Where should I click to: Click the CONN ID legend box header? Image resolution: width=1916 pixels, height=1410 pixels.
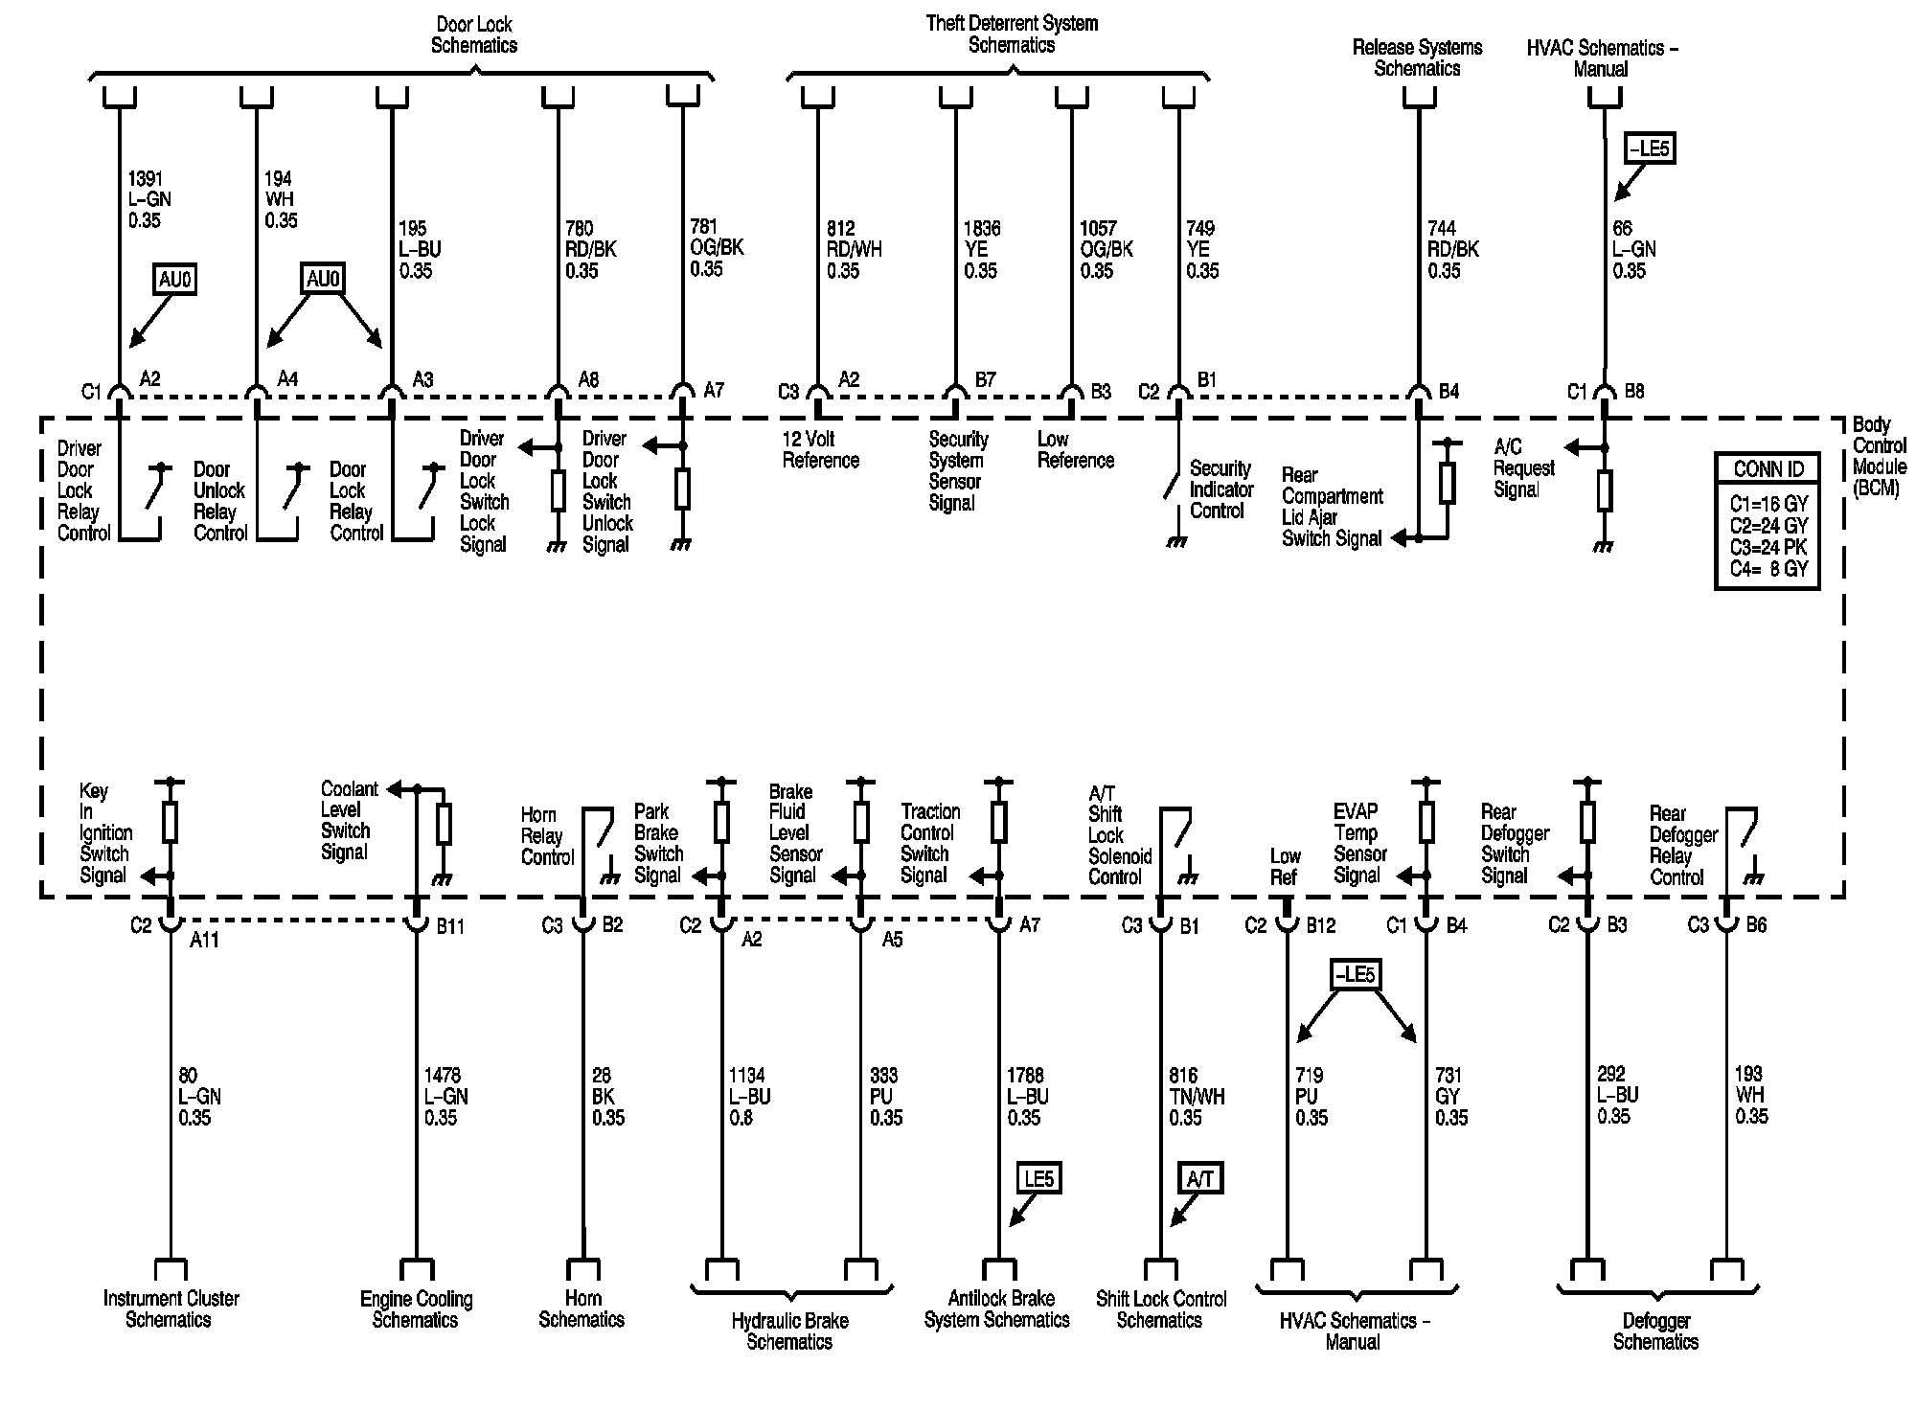click(1768, 468)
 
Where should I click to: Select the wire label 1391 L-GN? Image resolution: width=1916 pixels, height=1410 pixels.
click(148, 199)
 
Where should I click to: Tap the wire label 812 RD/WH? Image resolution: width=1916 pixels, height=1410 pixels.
click(855, 249)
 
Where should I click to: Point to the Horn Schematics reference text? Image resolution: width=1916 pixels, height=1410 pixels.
click(582, 1309)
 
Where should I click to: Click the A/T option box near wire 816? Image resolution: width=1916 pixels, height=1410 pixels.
click(1200, 1178)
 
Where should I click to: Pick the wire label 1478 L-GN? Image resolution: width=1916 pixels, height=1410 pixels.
click(446, 1096)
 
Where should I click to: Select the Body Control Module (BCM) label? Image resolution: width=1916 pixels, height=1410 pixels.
click(1879, 456)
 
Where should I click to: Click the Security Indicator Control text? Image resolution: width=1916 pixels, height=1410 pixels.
click(1221, 489)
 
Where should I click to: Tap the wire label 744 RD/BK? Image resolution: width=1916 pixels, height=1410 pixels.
click(1453, 249)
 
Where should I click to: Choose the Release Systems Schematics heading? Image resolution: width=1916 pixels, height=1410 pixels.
click(1417, 57)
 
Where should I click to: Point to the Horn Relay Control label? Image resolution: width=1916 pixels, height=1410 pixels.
click(547, 836)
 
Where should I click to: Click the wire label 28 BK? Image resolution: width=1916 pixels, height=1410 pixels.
click(608, 1096)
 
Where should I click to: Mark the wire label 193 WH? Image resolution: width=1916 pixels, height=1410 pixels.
click(1751, 1095)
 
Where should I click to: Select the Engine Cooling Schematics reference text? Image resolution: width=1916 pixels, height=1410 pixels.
click(416, 1309)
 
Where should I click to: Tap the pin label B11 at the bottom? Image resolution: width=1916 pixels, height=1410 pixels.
click(450, 926)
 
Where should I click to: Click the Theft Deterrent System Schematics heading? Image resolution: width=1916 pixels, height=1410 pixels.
click(1012, 34)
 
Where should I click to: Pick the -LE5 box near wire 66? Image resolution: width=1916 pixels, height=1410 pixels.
click(1649, 148)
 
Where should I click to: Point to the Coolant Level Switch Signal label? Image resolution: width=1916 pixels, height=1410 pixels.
click(349, 821)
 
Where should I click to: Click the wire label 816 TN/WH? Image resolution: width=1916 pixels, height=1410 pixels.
click(1197, 1096)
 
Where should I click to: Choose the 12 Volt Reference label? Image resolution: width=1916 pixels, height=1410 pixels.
click(821, 449)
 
